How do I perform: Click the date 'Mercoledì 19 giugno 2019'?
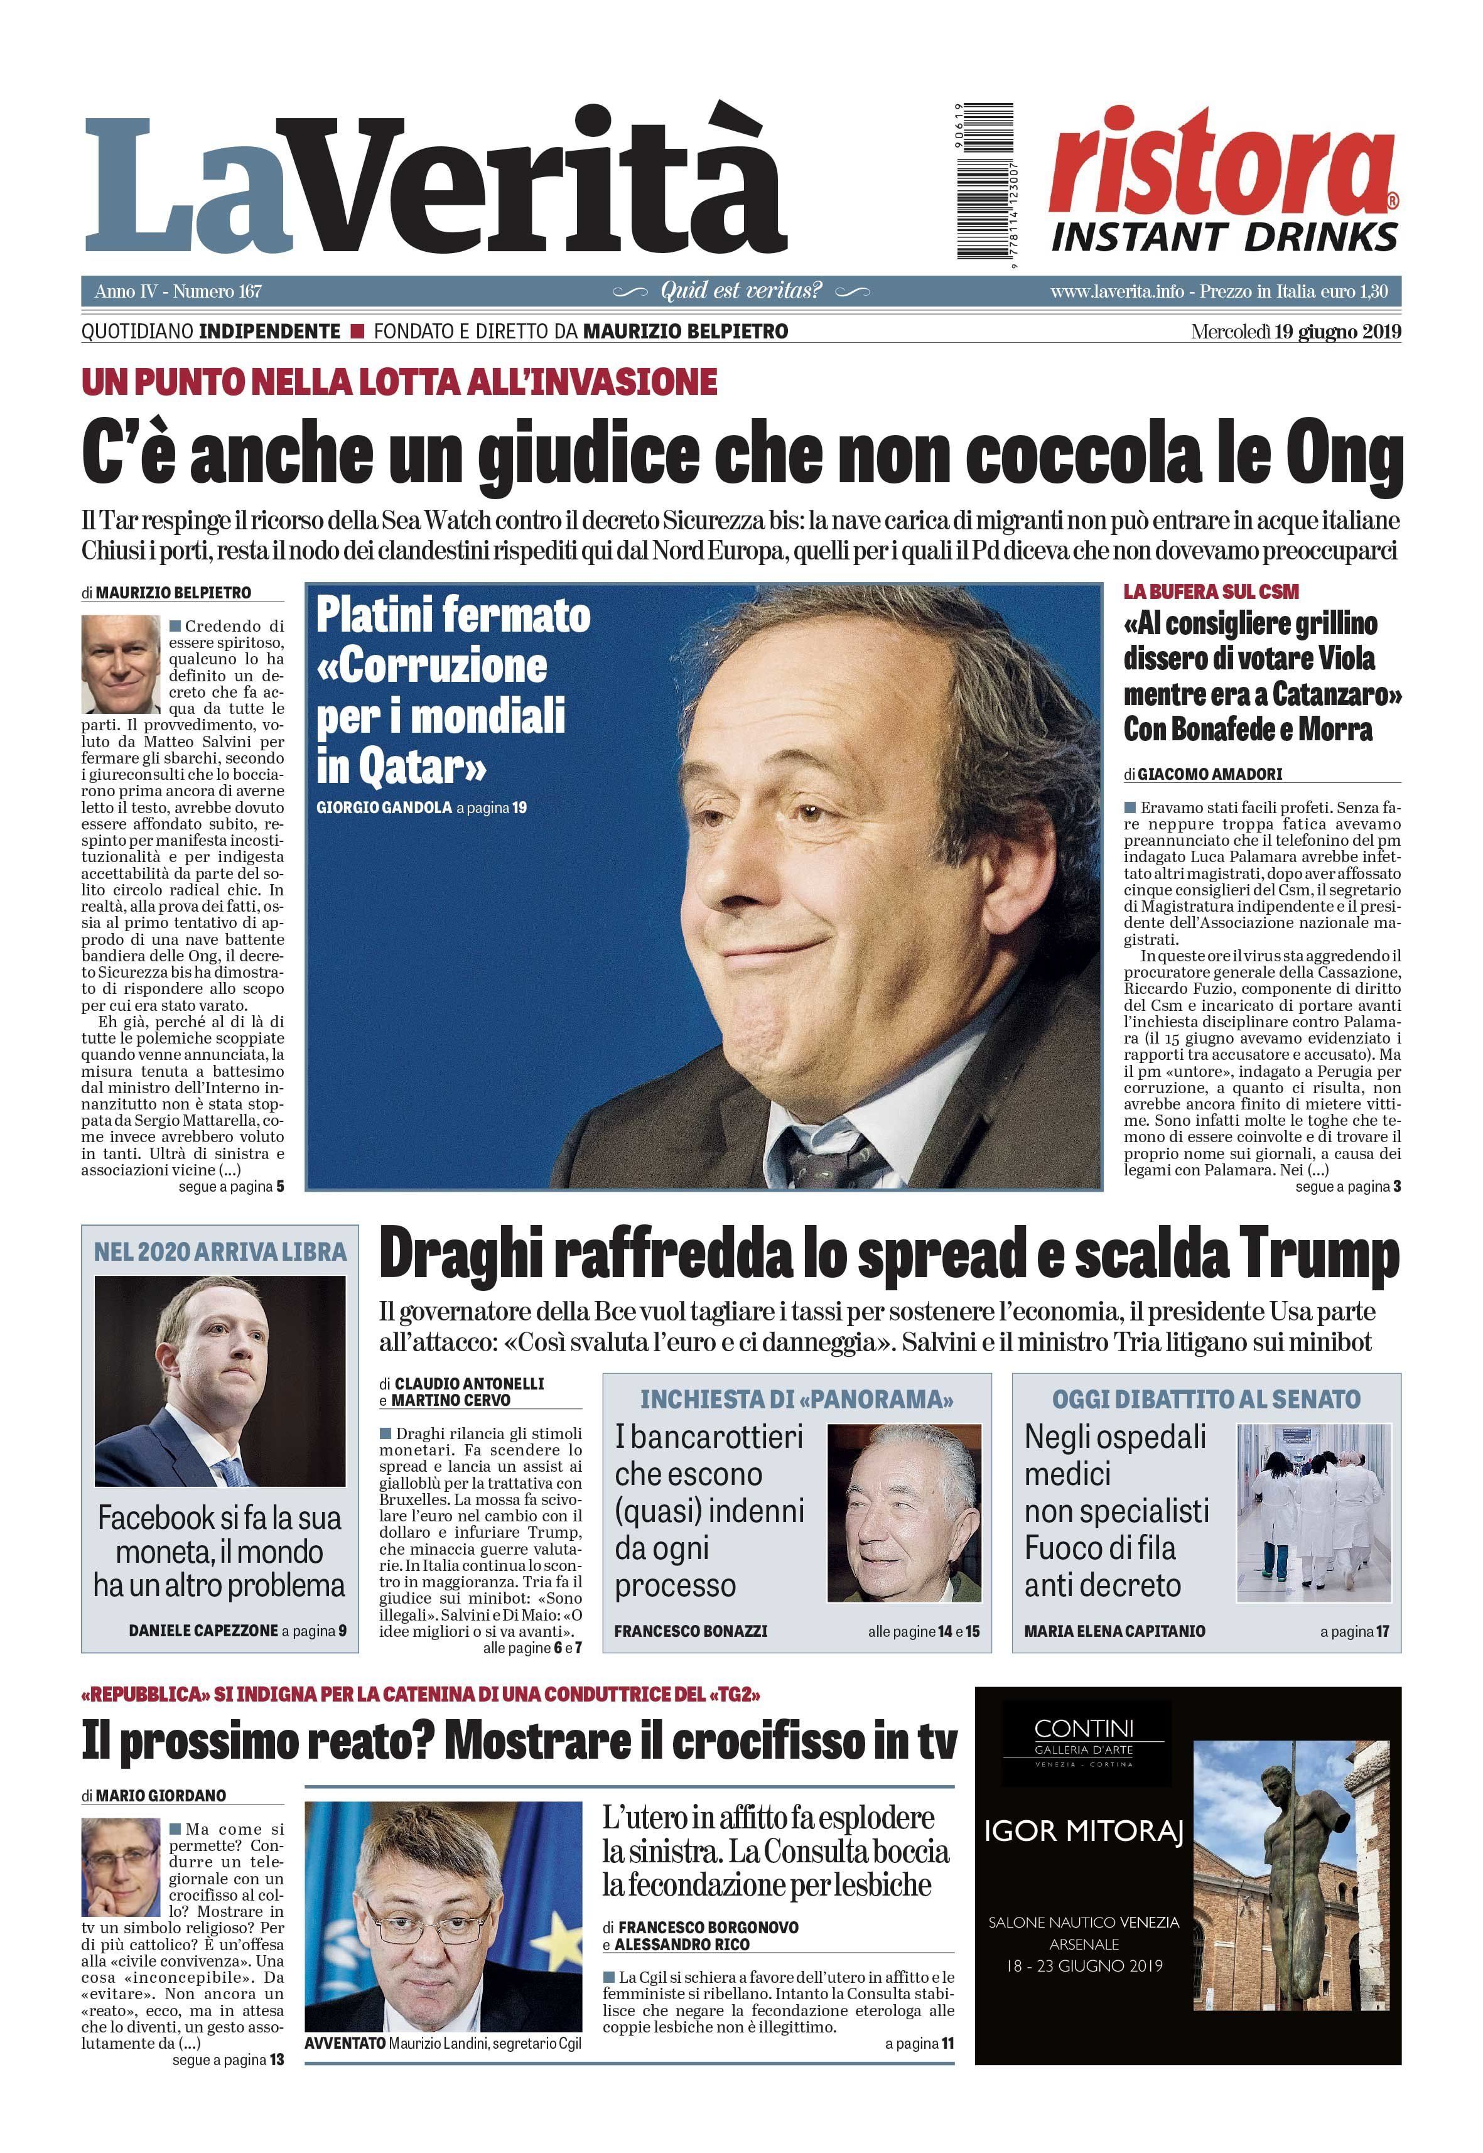(1295, 332)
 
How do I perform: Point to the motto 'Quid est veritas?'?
(741, 291)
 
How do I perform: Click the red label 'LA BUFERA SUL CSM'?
(1211, 592)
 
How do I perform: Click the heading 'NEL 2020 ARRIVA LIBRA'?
(220, 1251)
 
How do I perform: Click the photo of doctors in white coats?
(1313, 1511)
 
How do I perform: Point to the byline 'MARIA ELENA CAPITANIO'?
(1114, 1631)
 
